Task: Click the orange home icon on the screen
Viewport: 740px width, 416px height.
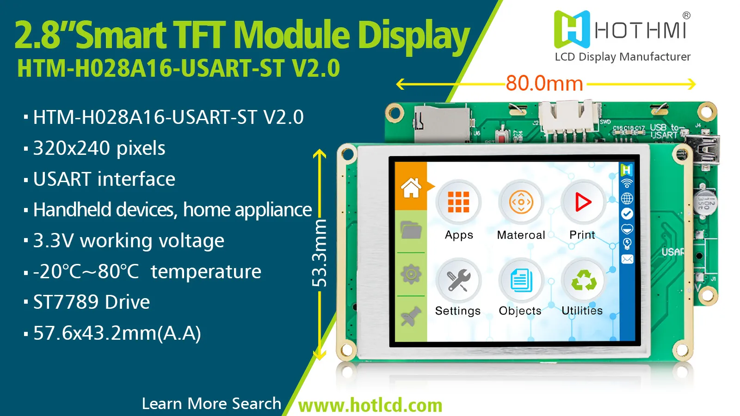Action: [x=411, y=188]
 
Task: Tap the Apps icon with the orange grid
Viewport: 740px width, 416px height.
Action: [x=458, y=202]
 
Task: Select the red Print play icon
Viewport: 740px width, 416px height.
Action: [x=583, y=202]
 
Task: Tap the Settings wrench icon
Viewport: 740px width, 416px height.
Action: [x=458, y=280]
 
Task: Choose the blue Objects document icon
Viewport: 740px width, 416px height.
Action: [x=521, y=280]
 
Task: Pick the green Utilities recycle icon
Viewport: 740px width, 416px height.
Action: [x=583, y=280]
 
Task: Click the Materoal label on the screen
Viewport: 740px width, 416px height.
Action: [x=521, y=235]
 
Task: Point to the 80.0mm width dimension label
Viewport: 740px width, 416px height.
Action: [x=544, y=84]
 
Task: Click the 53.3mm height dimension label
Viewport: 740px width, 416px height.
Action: [x=320, y=253]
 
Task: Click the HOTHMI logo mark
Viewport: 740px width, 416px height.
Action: [x=572, y=29]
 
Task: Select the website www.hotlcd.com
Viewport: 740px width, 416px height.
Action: [x=370, y=405]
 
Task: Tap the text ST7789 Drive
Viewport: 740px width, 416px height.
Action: [x=92, y=302]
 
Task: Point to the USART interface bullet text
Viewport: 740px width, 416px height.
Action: [x=104, y=179]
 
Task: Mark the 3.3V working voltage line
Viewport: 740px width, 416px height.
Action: [x=129, y=241]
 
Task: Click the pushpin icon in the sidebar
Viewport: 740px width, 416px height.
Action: [x=411, y=317]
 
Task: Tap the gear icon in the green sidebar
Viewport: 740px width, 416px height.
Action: [x=411, y=274]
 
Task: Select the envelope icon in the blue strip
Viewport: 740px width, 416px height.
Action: [x=627, y=259]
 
